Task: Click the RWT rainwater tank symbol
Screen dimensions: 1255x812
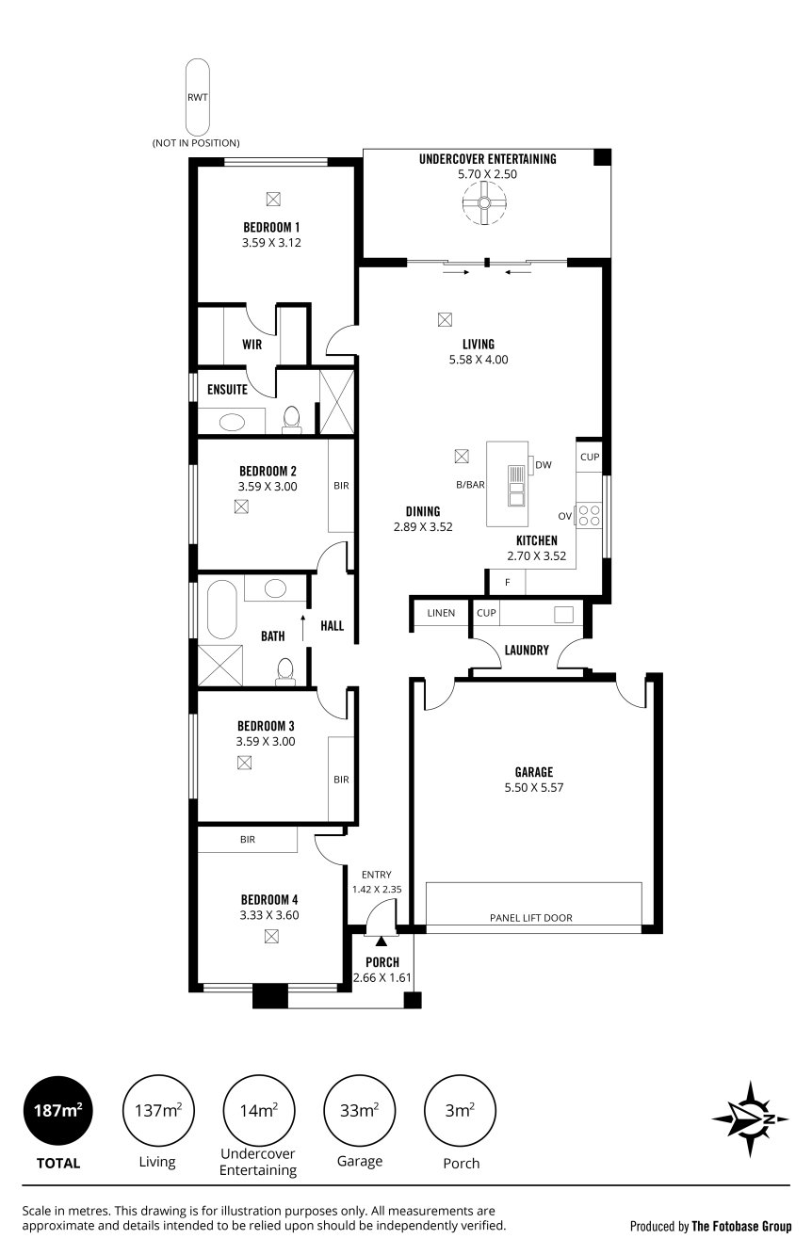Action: [x=197, y=96]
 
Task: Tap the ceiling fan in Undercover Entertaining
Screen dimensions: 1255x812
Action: [x=484, y=202]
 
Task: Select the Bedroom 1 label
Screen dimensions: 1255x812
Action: [x=271, y=227]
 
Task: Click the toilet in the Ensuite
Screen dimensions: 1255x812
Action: [x=291, y=418]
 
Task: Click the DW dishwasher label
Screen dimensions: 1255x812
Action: [x=543, y=464]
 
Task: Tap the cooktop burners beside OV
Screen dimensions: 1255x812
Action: [x=589, y=515]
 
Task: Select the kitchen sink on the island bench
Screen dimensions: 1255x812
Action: [x=515, y=485]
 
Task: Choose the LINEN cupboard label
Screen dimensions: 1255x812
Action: [x=441, y=613]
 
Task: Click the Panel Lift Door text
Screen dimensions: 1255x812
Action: [x=530, y=917]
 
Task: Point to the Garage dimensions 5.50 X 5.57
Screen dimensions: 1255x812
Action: [x=533, y=787]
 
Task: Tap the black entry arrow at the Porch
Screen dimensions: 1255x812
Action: [x=381, y=940]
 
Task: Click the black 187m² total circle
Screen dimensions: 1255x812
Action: [x=57, y=1111]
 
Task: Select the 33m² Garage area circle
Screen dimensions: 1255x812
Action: [x=360, y=1111]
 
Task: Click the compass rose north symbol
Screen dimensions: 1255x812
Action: [x=751, y=1118]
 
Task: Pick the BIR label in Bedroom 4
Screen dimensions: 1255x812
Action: [x=248, y=839]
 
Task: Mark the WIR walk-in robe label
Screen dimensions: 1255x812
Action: [x=252, y=345]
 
